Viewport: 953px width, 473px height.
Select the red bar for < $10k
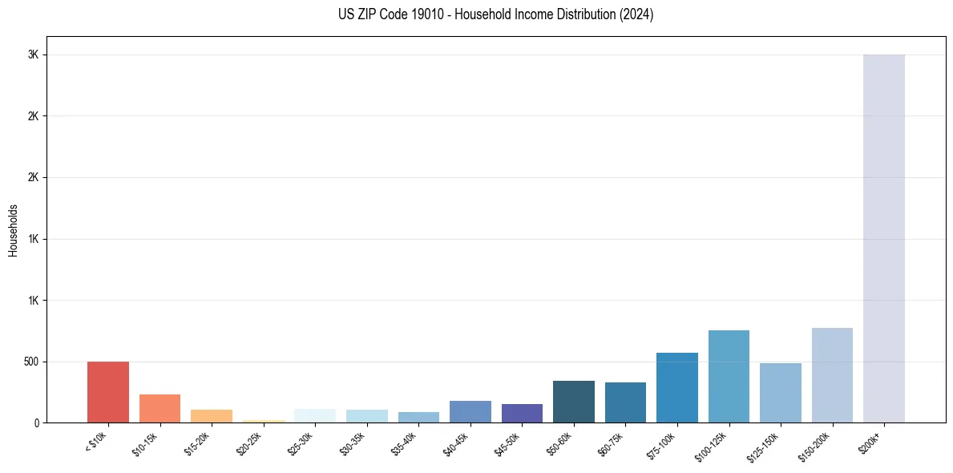tap(108, 392)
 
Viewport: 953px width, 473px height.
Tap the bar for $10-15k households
tap(160, 408)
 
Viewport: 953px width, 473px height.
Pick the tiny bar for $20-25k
tap(264, 421)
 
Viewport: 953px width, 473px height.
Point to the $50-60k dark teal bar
tap(573, 402)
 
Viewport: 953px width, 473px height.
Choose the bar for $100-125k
tap(729, 376)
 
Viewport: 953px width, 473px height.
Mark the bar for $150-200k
tap(832, 375)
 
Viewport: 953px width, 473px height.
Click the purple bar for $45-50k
tap(522, 413)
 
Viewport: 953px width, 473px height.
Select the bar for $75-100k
tap(676, 387)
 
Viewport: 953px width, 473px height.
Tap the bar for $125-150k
tap(780, 393)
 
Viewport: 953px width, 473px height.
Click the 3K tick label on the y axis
tap(32, 55)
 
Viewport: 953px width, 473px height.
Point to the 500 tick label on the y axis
tap(30, 362)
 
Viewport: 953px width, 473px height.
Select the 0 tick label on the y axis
tap(35, 422)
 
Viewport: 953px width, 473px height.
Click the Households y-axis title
tap(13, 230)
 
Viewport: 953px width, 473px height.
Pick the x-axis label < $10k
tap(96, 443)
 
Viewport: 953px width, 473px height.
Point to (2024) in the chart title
tap(637, 14)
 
